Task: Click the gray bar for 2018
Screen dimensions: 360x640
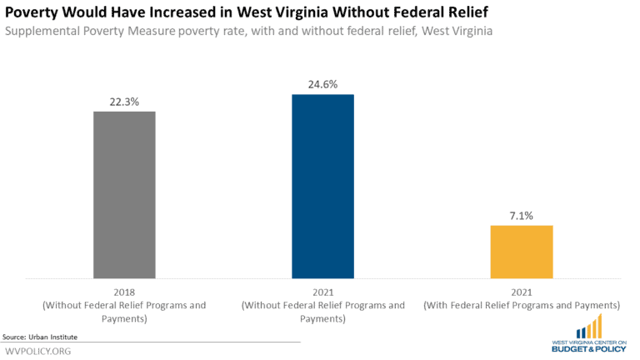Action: [x=124, y=193]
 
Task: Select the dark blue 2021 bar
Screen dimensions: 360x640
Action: [x=322, y=185]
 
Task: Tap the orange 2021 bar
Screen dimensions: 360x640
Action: [x=521, y=251]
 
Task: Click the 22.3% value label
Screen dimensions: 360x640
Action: [x=124, y=102]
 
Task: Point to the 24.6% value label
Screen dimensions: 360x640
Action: [x=322, y=84]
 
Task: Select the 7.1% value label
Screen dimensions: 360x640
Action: [x=521, y=216]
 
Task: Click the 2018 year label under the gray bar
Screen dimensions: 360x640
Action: [x=124, y=292]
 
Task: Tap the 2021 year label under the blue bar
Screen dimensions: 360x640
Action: [x=322, y=292]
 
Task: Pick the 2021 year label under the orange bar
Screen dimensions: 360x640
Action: [x=521, y=292]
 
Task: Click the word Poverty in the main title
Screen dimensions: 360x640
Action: [x=35, y=12]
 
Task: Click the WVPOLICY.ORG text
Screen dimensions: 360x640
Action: [x=38, y=351]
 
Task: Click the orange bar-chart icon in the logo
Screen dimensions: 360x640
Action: [x=591, y=326]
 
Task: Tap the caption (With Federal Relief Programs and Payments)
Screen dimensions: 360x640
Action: [x=521, y=306]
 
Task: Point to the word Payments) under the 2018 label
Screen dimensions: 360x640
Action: [x=124, y=318]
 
